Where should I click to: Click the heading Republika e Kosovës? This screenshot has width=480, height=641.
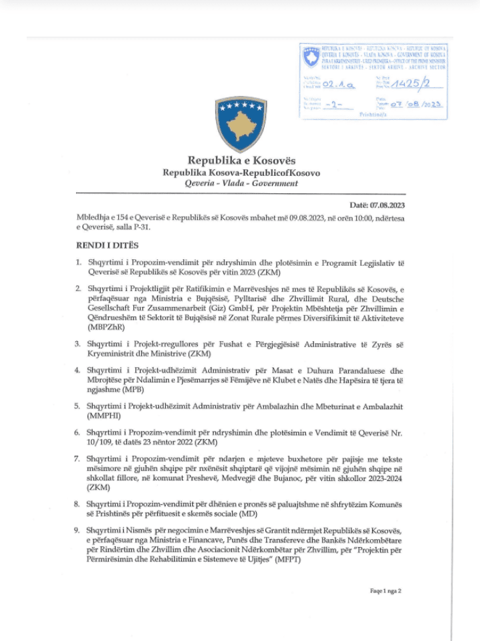(x=241, y=161)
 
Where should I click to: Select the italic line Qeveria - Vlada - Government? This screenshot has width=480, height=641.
(x=241, y=183)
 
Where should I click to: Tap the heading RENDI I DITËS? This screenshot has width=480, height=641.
(x=107, y=245)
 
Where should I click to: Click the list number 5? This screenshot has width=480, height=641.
(x=77, y=406)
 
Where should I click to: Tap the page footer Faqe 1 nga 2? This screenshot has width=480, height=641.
(x=385, y=590)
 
